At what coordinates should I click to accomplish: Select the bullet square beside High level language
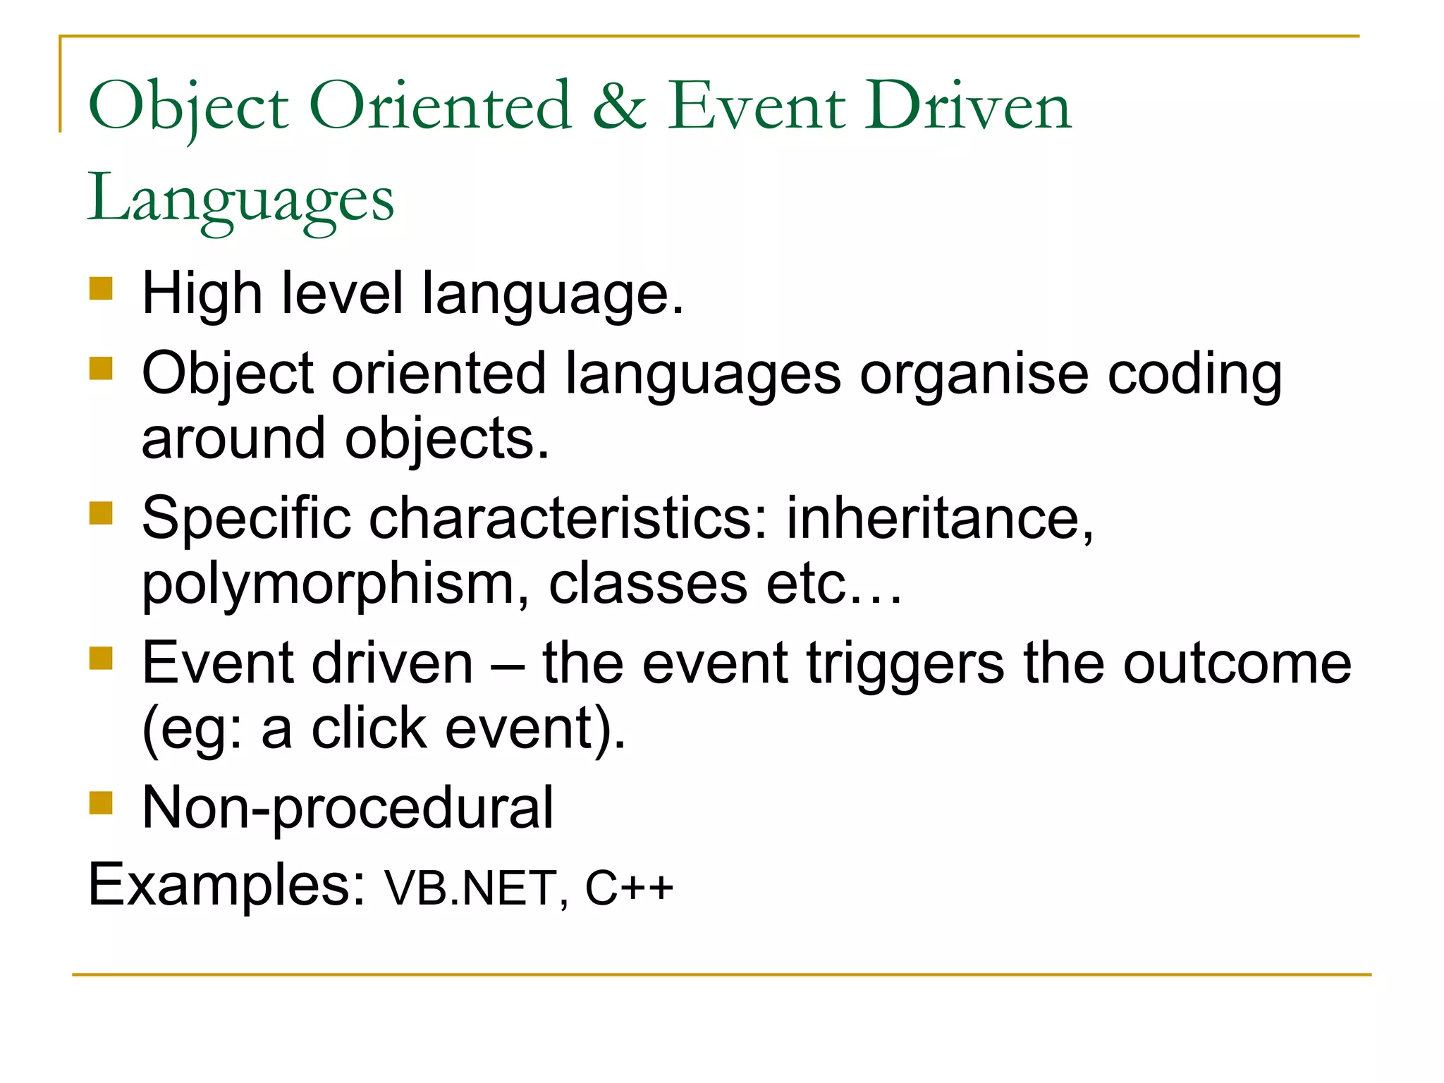(x=102, y=288)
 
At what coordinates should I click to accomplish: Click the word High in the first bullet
(x=202, y=293)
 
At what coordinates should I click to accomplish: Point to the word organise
(x=974, y=374)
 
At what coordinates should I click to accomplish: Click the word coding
(x=1194, y=374)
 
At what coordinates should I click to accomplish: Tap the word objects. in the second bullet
(x=446, y=439)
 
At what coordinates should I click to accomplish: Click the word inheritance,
(x=940, y=519)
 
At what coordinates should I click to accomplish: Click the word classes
(x=647, y=585)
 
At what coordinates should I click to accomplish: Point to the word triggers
(x=905, y=664)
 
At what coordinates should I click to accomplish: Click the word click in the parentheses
(x=369, y=729)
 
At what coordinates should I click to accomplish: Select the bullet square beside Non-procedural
(x=102, y=802)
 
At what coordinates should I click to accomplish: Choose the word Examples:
(x=226, y=886)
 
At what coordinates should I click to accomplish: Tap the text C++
(x=629, y=888)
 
